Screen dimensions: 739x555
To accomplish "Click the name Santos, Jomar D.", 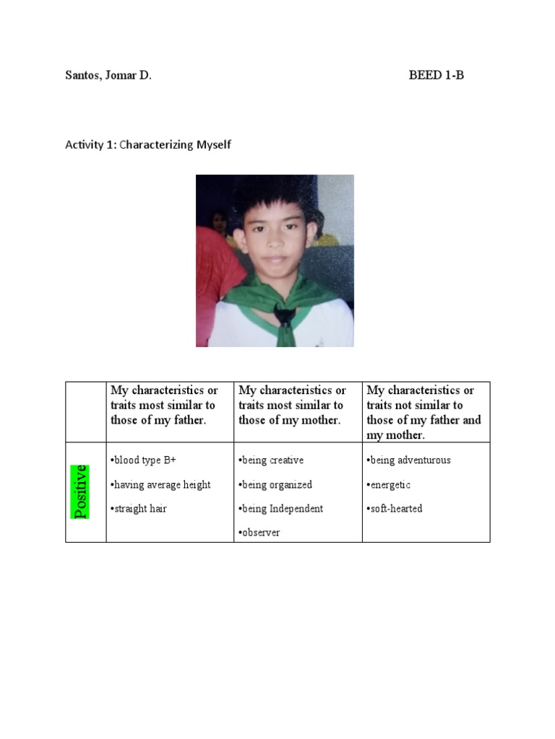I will tap(108, 75).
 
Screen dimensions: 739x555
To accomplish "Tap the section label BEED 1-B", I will tap(436, 75).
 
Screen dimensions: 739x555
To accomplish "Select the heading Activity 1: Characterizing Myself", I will tap(148, 144).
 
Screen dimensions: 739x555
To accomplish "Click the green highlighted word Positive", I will tap(80, 491).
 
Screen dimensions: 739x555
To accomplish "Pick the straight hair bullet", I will tap(139, 509).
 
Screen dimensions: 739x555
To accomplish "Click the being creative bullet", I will tap(271, 460).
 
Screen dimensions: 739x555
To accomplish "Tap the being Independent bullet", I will tap(281, 509).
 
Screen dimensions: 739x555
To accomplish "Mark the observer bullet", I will tap(259, 533).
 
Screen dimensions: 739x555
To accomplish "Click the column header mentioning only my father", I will tap(164, 405).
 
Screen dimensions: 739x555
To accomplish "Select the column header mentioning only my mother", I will tap(292, 405).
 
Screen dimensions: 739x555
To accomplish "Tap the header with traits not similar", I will tap(423, 412).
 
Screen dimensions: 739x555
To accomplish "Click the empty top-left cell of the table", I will tap(86, 412).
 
